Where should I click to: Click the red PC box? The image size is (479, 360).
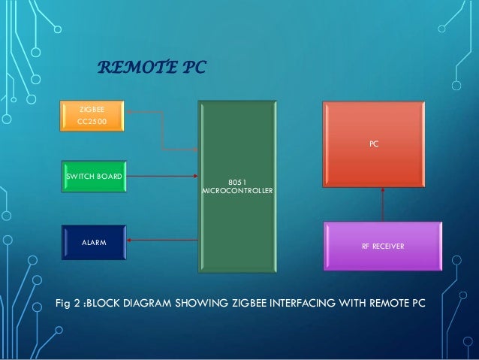(373, 144)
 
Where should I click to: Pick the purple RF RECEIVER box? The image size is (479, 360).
(382, 245)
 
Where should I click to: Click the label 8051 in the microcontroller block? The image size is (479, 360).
(237, 180)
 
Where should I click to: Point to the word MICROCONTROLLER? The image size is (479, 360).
(238, 191)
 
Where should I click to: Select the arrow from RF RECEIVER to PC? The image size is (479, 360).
(383, 204)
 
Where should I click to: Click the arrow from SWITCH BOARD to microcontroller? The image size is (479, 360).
(161, 177)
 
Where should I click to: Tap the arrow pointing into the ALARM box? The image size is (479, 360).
(161, 241)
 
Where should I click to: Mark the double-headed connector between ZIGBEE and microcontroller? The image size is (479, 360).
(161, 129)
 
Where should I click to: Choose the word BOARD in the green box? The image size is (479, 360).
(110, 177)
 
